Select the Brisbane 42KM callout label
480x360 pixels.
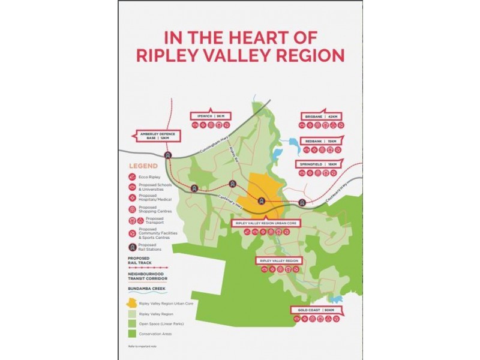(323, 116)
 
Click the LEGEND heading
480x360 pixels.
(143, 166)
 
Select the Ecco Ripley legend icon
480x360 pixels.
(132, 178)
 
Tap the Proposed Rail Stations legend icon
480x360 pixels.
(132, 246)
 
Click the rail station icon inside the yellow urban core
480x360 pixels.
(261, 201)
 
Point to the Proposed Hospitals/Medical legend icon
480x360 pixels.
(132, 197)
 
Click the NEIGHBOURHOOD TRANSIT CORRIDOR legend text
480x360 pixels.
(147, 276)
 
